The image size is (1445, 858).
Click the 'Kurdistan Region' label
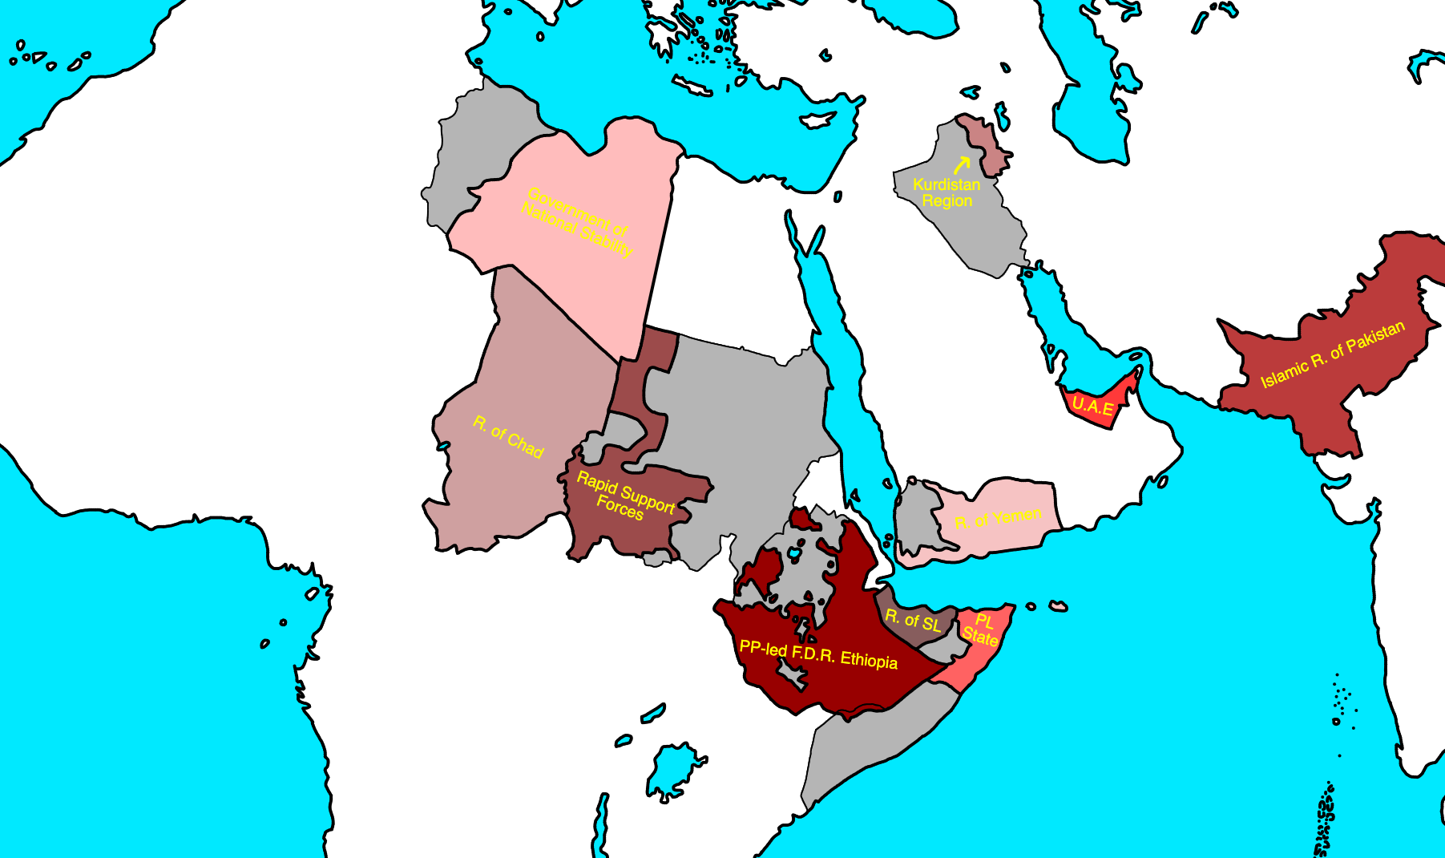[947, 192]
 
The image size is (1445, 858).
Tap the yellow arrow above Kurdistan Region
[962, 164]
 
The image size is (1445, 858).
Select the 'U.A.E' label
[1092, 407]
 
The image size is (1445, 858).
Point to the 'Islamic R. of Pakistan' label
[1332, 354]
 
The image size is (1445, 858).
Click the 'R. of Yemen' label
[998, 518]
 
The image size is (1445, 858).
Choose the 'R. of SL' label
[912, 620]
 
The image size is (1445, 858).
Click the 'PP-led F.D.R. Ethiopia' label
[817, 654]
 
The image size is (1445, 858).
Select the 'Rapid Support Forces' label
[624, 496]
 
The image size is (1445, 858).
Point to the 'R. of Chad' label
[508, 437]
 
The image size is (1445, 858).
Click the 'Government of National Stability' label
[577, 221]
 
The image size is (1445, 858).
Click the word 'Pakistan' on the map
[1374, 338]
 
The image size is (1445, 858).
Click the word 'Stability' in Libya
[606, 239]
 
